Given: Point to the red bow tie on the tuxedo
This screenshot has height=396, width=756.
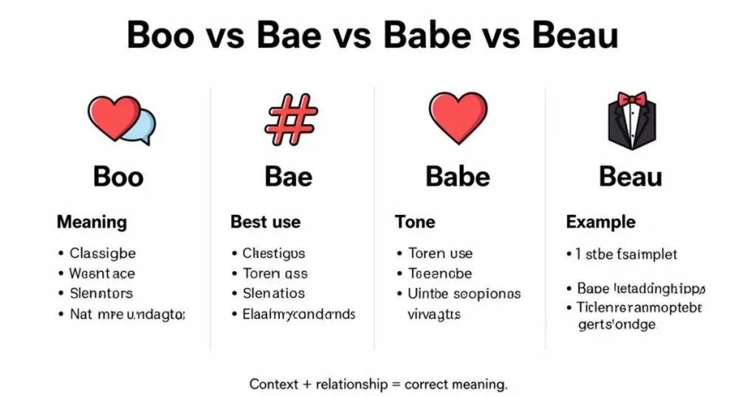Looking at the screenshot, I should point(631,99).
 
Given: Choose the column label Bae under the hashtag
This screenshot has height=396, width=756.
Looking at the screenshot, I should point(288,177).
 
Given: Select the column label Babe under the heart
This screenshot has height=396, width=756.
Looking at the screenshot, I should point(458,177).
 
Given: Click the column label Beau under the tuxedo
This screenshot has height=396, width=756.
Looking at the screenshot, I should point(630,177).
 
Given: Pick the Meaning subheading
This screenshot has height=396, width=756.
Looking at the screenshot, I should point(92,222).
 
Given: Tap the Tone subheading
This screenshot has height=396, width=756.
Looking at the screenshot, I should point(415,222).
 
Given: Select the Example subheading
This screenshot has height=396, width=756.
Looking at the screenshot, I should point(600,222).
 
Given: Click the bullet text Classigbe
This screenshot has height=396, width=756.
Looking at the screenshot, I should point(103,253).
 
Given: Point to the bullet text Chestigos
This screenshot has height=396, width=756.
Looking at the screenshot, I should point(273,253).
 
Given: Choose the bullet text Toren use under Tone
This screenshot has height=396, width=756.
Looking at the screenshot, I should point(440,253).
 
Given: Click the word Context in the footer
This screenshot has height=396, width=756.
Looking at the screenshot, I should point(273,384).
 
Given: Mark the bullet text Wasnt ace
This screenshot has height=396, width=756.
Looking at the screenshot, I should point(102,273).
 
